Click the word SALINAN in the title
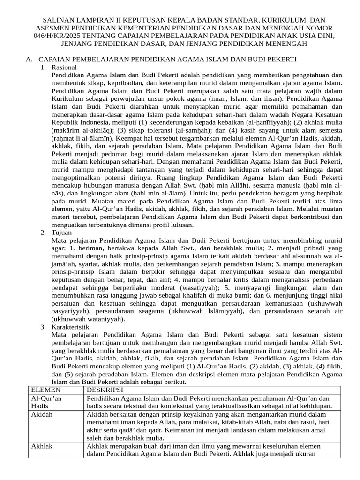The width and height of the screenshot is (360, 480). (x=59, y=21)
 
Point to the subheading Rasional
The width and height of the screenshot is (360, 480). (x=65, y=67)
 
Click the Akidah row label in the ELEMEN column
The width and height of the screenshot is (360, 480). (x=42, y=414)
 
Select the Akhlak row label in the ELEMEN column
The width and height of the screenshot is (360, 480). (x=42, y=446)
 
